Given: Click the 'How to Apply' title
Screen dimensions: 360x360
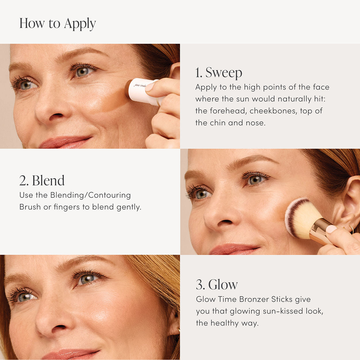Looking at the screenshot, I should click(58, 24).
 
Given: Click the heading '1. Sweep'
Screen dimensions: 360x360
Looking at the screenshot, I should click(219, 72).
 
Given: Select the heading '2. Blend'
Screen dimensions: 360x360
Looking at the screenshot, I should click(42, 181).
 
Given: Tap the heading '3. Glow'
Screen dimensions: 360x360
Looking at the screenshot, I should click(217, 285).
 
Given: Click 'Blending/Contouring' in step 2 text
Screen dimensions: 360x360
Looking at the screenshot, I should click(90, 195).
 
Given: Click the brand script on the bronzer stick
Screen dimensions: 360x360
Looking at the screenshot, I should click(140, 85).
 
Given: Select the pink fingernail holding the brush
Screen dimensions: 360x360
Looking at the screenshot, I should click(331, 229).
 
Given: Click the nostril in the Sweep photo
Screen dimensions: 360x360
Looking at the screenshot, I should click(57, 116).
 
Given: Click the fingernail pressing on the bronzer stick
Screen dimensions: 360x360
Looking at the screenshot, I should click(150, 86).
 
